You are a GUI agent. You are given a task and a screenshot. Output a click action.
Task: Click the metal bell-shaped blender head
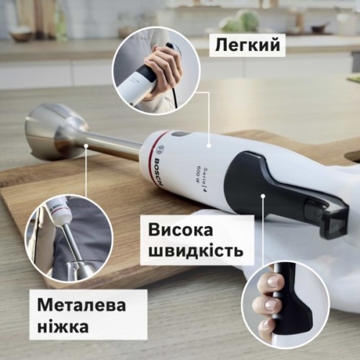click(50, 132)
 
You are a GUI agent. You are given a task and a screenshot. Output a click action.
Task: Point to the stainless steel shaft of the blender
click(115, 148)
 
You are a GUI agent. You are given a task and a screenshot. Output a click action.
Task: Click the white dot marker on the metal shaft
click(86, 145)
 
